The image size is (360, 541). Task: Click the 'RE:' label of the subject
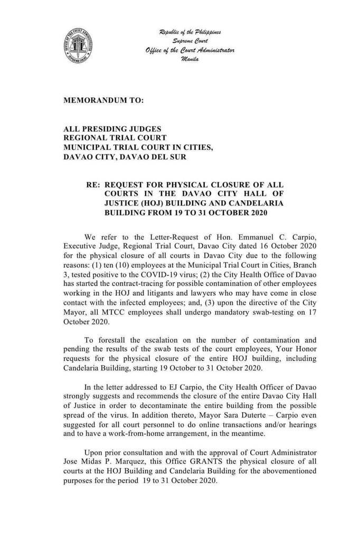94,185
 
